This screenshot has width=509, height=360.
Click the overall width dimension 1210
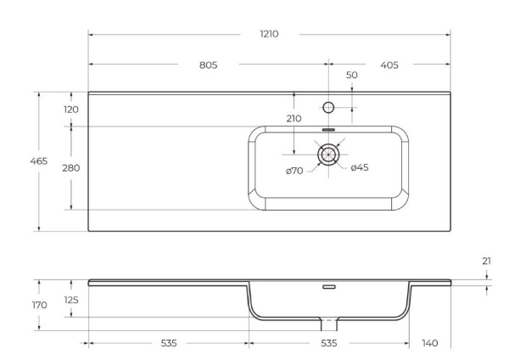point(270,34)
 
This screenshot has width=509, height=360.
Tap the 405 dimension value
point(389,65)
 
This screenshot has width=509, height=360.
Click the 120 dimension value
point(70,110)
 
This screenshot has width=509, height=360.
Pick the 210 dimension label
point(294,119)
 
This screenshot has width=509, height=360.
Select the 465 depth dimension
point(38,160)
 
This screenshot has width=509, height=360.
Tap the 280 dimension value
point(70,167)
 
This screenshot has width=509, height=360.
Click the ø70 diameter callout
point(294,171)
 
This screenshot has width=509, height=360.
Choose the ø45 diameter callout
point(359,167)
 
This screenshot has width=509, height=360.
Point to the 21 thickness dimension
point(486,262)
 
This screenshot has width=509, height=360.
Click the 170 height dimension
point(38,304)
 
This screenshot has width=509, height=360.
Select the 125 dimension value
point(71,299)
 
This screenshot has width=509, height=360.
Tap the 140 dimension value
point(429,343)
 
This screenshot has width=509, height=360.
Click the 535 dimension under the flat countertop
point(168,343)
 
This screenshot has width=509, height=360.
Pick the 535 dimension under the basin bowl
point(328,343)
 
